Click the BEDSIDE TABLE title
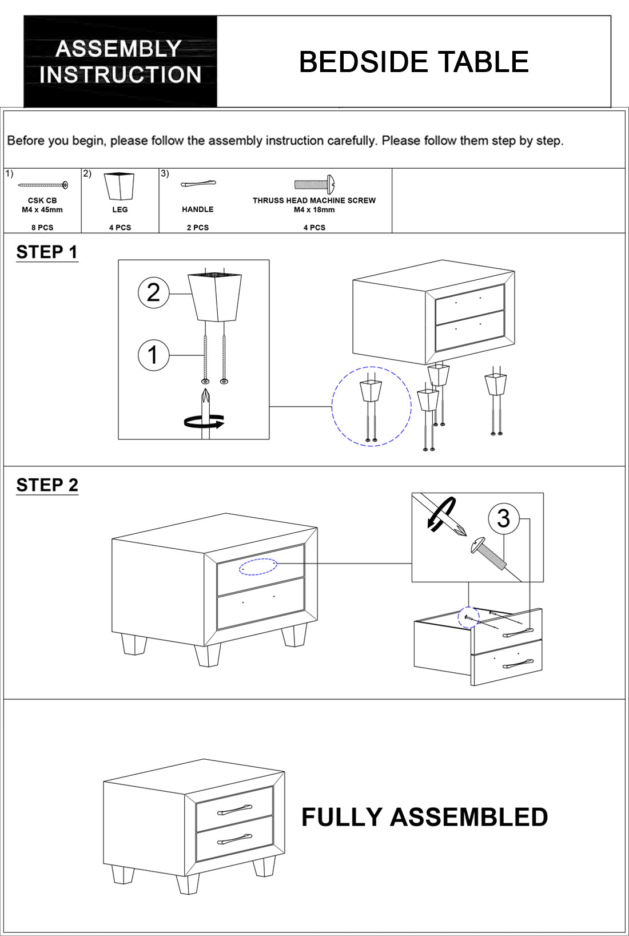pyautogui.click(x=413, y=62)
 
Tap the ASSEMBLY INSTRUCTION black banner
pyautogui.click(x=120, y=62)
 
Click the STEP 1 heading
pyautogui.click(x=47, y=252)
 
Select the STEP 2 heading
pyautogui.click(x=47, y=485)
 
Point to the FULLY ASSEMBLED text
pyautogui.click(x=424, y=817)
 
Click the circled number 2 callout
pyautogui.click(x=153, y=293)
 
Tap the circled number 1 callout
pyautogui.click(x=153, y=355)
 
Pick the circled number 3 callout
pyautogui.click(x=503, y=518)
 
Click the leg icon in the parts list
pyautogui.click(x=120, y=186)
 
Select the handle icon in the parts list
pyautogui.click(x=198, y=184)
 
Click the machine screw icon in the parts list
pyautogui.click(x=314, y=184)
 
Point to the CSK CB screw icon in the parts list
pyautogui.click(x=43, y=185)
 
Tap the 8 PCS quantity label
pyautogui.click(x=42, y=228)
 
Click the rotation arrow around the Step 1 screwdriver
pyautogui.click(x=204, y=422)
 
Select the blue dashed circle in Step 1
pyautogui.click(x=371, y=406)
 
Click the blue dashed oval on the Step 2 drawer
pyautogui.click(x=258, y=566)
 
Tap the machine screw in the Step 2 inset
pyautogui.click(x=489, y=553)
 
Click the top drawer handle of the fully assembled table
pyautogui.click(x=234, y=810)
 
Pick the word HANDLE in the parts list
pyautogui.click(x=198, y=209)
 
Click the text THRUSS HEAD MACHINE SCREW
pyautogui.click(x=314, y=200)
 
